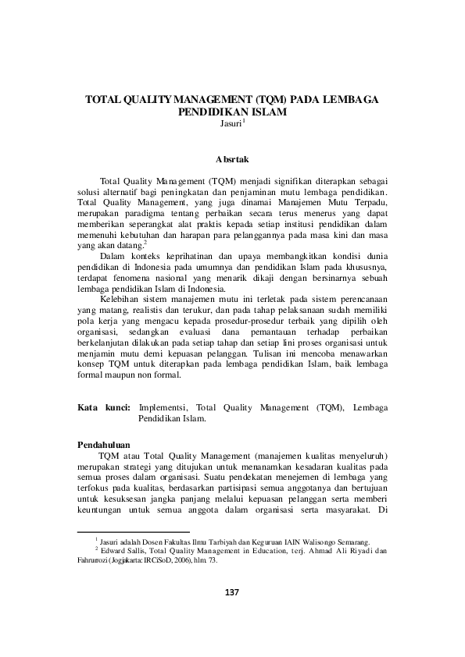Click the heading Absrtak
pyautogui.click(x=231, y=158)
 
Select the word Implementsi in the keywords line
pyautogui.click(x=163, y=407)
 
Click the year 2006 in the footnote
pyautogui.click(x=190, y=561)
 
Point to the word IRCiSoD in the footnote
pyautogui.click(x=168, y=561)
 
